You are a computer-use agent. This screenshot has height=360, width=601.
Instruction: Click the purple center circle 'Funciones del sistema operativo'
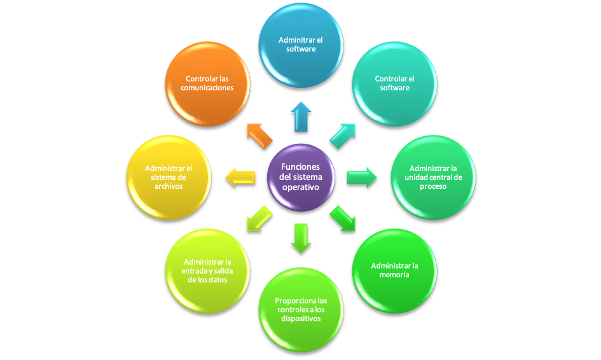tap(300, 177)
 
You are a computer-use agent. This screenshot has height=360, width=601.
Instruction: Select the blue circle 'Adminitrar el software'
tap(301, 45)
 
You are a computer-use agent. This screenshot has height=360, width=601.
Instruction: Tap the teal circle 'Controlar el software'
tap(394, 83)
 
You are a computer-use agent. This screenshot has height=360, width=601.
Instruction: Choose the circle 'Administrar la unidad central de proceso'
tap(433, 177)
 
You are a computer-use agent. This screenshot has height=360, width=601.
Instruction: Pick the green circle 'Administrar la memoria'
tap(394, 270)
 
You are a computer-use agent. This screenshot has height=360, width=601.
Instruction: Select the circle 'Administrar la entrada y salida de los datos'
tap(207, 270)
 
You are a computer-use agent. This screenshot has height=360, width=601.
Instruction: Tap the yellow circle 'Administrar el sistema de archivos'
tap(169, 177)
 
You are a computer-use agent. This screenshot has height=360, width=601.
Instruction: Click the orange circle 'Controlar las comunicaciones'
tap(207, 83)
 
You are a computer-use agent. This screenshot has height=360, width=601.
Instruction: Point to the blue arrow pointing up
tap(301, 116)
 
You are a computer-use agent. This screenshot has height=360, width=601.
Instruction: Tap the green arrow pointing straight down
tap(301, 237)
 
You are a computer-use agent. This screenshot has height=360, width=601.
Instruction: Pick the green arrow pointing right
tap(361, 177)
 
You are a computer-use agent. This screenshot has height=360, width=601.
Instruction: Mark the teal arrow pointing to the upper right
tap(343, 135)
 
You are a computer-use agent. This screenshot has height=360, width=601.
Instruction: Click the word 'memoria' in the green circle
tap(394, 275)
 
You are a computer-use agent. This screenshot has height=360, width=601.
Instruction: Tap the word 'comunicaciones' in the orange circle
tap(207, 88)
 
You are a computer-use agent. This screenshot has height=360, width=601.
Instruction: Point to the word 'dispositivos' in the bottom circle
tap(301, 319)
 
